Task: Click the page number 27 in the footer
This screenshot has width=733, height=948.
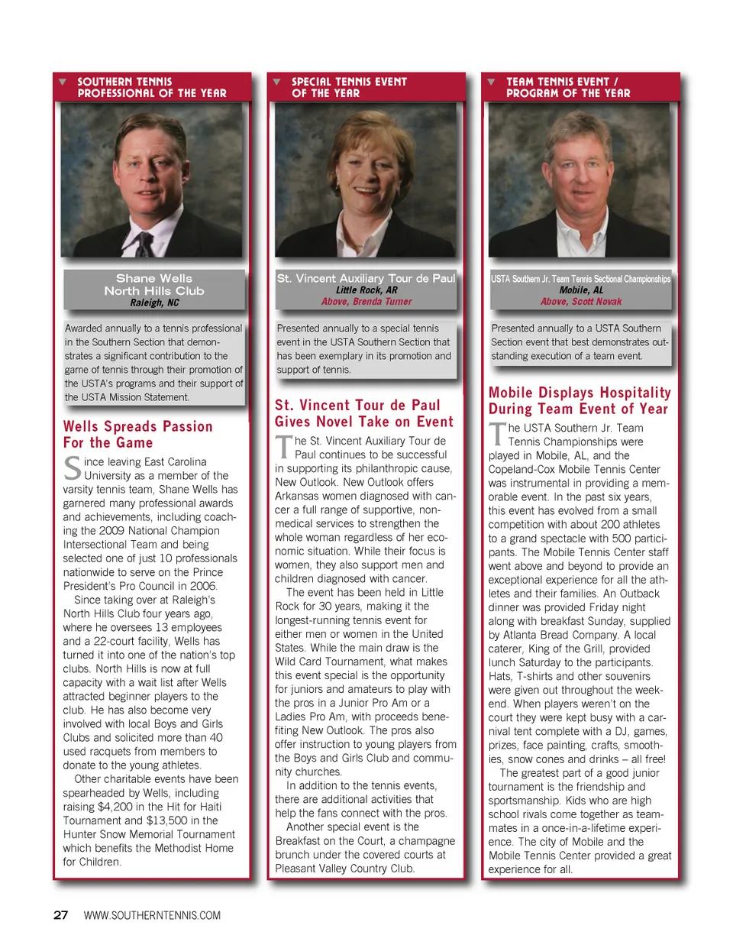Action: [60, 915]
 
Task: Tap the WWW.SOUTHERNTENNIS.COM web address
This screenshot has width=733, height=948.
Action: [152, 915]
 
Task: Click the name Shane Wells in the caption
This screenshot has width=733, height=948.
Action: [153, 279]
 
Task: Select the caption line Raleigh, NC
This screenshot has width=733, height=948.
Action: [153, 303]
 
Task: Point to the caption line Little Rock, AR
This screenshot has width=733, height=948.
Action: [366, 290]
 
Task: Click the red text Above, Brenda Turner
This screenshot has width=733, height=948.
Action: [366, 302]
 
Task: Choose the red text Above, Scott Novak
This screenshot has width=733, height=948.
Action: [580, 302]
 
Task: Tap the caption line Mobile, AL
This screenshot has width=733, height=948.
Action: [580, 290]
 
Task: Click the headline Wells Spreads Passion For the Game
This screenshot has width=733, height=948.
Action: [137, 435]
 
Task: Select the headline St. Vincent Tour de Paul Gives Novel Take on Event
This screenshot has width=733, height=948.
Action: [364, 413]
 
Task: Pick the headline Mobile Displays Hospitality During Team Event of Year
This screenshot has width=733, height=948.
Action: [580, 401]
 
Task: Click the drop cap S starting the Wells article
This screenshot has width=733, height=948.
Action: [72, 468]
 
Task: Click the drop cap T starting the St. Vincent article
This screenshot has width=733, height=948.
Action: [283, 447]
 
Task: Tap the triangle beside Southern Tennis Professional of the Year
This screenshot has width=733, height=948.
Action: [63, 82]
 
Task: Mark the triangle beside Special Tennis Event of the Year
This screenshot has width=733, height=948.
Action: [276, 82]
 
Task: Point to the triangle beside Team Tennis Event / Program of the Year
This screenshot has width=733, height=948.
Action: [491, 82]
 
